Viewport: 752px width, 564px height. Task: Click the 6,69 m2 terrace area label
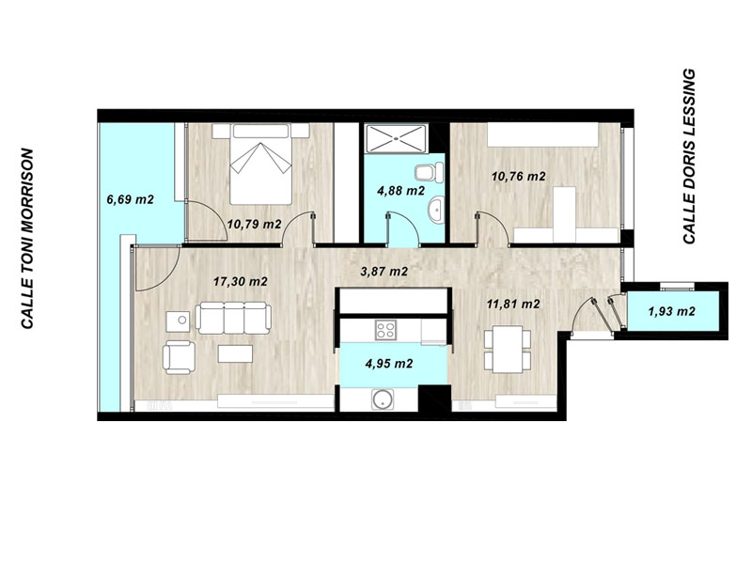pyautogui.click(x=130, y=199)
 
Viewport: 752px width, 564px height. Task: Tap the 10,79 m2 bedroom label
pyautogui.click(x=254, y=224)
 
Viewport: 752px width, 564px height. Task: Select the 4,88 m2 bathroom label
pyautogui.click(x=401, y=191)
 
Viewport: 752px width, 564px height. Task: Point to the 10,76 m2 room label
pyautogui.click(x=519, y=177)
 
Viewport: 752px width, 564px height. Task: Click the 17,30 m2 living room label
pyautogui.click(x=241, y=281)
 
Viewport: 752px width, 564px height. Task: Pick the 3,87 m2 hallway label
pyautogui.click(x=384, y=272)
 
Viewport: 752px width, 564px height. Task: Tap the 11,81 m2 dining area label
pyautogui.click(x=513, y=304)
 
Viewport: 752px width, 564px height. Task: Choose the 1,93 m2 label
pyautogui.click(x=671, y=312)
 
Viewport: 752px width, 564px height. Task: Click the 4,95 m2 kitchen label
pyautogui.click(x=389, y=364)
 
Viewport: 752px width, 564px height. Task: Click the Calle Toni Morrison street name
pyautogui.click(x=27, y=239)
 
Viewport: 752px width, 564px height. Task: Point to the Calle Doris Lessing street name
pyautogui.click(x=689, y=156)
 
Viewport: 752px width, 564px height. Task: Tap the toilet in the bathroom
pyautogui.click(x=430, y=172)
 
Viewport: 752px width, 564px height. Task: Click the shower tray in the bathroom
pyautogui.click(x=396, y=139)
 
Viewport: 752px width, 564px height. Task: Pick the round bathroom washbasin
pyautogui.click(x=437, y=210)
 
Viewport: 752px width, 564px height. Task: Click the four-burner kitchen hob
pyautogui.click(x=385, y=330)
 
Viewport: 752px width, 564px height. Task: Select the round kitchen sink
pyautogui.click(x=384, y=400)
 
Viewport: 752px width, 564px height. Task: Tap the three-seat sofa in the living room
pyautogui.click(x=233, y=318)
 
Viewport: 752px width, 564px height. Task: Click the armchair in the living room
pyautogui.click(x=179, y=357)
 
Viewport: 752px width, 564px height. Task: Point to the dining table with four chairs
pyautogui.click(x=508, y=348)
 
